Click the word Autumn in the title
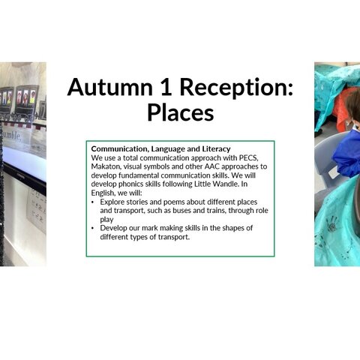pyautogui.click(x=110, y=87)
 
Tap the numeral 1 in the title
pyautogui.click(x=166, y=87)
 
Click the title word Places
pyautogui.click(x=180, y=112)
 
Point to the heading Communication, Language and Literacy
pyautogui.click(x=160, y=149)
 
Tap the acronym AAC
pyautogui.click(x=212, y=166)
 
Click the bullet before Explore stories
pyautogui.click(x=93, y=202)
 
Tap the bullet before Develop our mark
pyautogui.click(x=93, y=228)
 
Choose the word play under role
pyautogui.click(x=106, y=220)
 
